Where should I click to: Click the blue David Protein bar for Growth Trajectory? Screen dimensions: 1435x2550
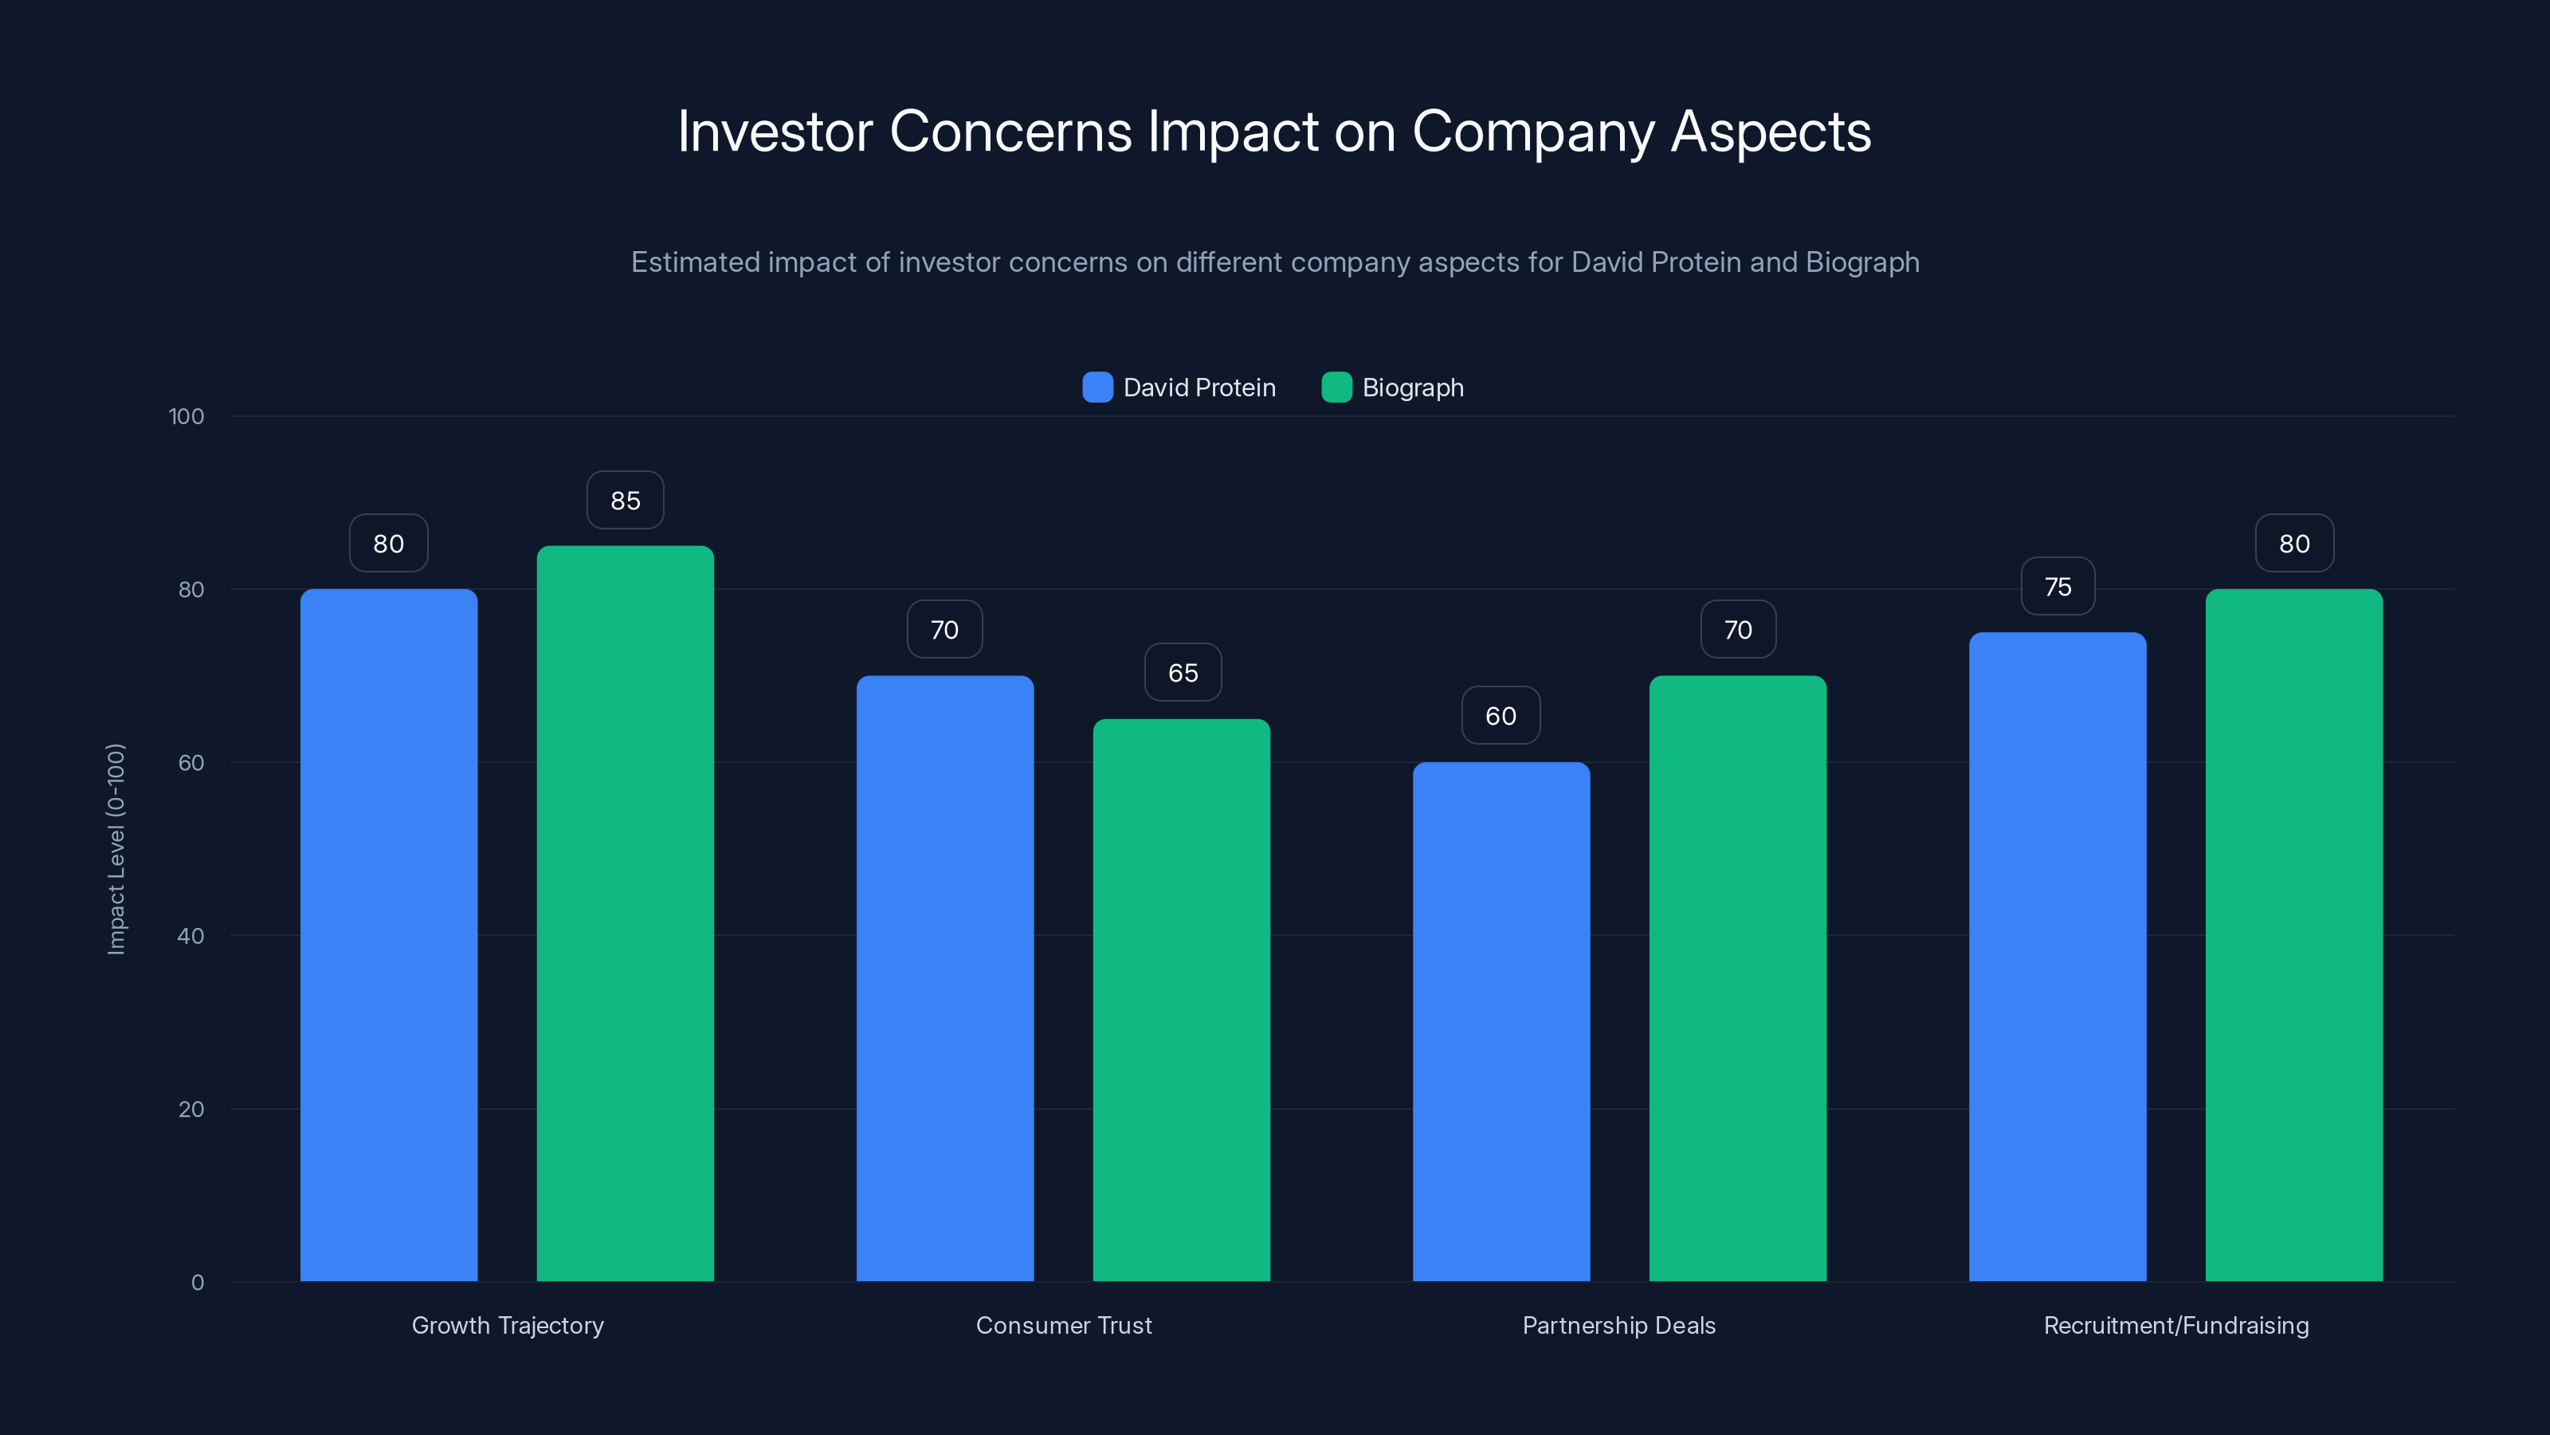tap(388, 935)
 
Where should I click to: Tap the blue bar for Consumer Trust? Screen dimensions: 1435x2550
tap(944, 978)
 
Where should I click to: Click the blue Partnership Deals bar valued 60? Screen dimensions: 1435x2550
tap(1501, 1021)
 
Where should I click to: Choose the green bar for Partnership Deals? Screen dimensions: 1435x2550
tap(1737, 978)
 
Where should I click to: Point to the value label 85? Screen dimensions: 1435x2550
tap(625, 500)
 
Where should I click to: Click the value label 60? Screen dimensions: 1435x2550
tap(1501, 715)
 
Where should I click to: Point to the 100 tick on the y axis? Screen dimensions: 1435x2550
tap(186, 416)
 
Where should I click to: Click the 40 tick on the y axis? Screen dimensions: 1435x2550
tap(191, 936)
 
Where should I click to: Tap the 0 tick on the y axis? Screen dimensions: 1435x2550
tap(197, 1283)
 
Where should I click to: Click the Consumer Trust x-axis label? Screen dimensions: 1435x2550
tap(1063, 1325)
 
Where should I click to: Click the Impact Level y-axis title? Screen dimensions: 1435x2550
tap(116, 849)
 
